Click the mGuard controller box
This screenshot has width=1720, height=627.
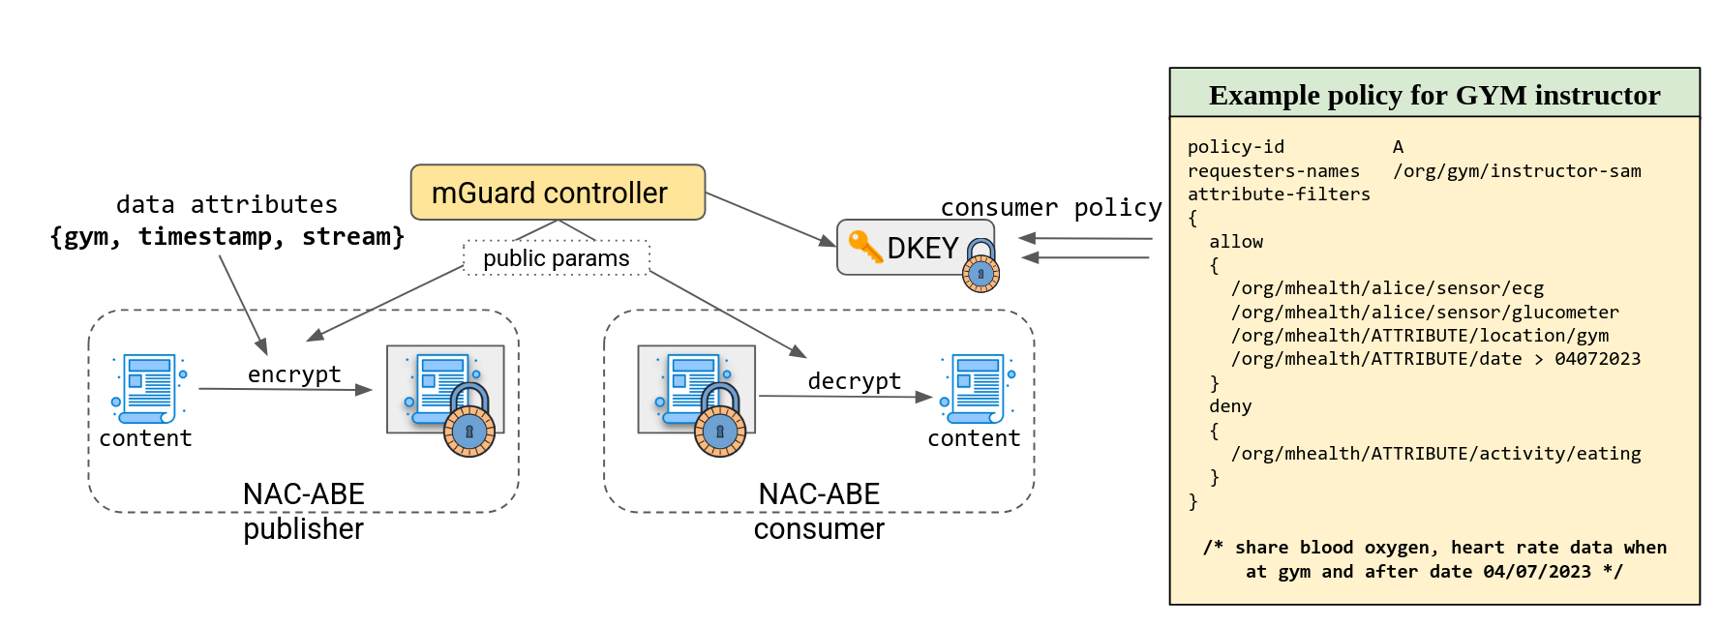click(x=558, y=193)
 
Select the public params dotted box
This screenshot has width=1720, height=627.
click(x=557, y=258)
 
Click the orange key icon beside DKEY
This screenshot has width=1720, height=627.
click(x=863, y=246)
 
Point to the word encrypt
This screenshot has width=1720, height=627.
click(x=294, y=374)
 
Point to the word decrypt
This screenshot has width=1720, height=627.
click(x=854, y=381)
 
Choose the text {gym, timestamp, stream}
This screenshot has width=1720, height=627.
click(x=227, y=237)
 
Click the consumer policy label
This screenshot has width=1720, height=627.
click(x=1050, y=208)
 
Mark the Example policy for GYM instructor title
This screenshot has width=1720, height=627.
click(x=1433, y=95)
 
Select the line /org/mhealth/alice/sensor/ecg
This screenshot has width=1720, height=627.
click(x=1386, y=288)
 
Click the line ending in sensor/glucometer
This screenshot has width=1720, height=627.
click(x=1424, y=313)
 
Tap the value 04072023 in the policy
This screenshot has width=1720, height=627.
click(x=1597, y=359)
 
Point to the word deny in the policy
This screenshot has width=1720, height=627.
click(x=1230, y=406)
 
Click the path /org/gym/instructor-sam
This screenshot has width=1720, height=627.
click(x=1516, y=171)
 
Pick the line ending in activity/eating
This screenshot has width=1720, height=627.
click(x=1435, y=454)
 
